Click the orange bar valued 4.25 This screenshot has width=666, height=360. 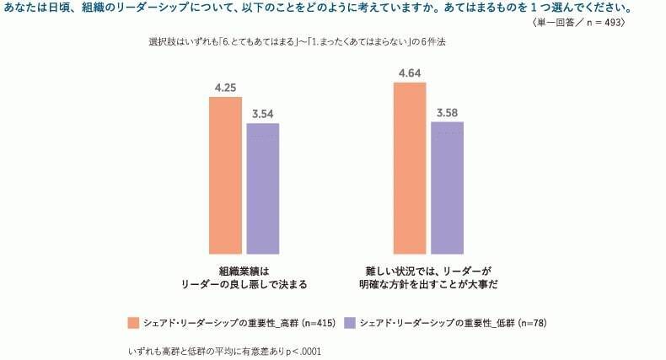click(225, 175)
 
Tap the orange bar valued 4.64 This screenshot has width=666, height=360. click(409, 168)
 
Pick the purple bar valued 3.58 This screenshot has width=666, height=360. click(447, 187)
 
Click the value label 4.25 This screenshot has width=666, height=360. click(225, 87)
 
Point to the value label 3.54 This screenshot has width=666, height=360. click(262, 114)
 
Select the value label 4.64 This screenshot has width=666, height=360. click(409, 73)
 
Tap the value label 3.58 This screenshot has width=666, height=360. click(447, 112)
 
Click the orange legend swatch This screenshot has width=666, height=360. click(133, 323)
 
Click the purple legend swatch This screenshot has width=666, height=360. click(349, 323)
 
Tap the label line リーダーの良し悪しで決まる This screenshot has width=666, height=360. click(244, 284)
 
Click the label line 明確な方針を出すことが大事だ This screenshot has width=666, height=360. click(427, 284)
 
